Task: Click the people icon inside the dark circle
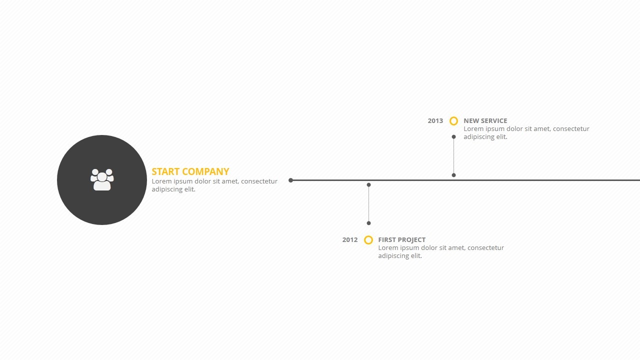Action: (x=102, y=179)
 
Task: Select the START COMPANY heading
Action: (x=190, y=171)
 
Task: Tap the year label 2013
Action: (x=435, y=121)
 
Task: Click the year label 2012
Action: (x=349, y=239)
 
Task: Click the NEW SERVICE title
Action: (x=485, y=121)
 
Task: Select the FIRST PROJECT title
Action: (x=401, y=239)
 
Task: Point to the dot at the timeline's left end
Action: (x=290, y=180)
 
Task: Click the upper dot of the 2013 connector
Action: (x=453, y=137)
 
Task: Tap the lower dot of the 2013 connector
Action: (x=453, y=175)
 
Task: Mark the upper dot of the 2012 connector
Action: (x=368, y=185)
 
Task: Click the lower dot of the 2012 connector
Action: (x=368, y=223)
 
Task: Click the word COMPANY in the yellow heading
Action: (x=205, y=171)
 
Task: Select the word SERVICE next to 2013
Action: (x=494, y=121)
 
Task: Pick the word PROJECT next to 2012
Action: (x=411, y=239)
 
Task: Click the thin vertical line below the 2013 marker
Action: (x=453, y=156)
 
